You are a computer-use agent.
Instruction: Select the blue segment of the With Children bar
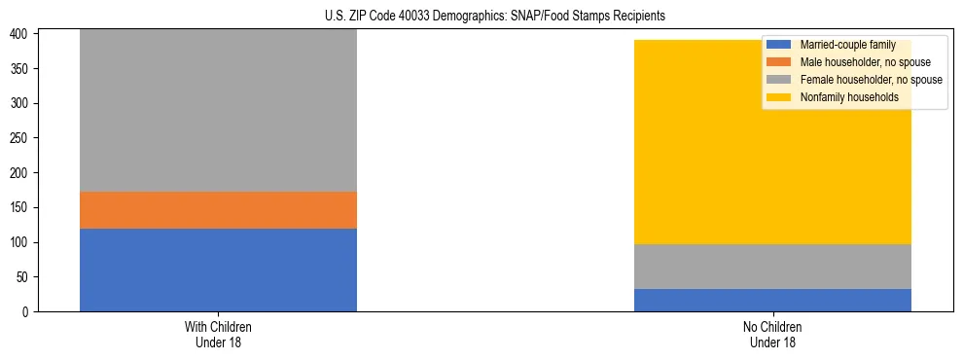pyautogui.click(x=218, y=270)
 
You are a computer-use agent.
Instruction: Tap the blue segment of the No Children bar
pyautogui.click(x=772, y=300)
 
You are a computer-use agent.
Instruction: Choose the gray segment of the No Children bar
pyautogui.click(x=772, y=267)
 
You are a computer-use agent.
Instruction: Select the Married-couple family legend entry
pyautogui.click(x=847, y=45)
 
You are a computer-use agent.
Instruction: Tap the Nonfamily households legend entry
pyautogui.click(x=849, y=97)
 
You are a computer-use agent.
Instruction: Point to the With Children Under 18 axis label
pyautogui.click(x=218, y=334)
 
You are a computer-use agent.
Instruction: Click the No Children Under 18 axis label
pyautogui.click(x=772, y=334)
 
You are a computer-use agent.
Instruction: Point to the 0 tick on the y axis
pyautogui.click(x=27, y=311)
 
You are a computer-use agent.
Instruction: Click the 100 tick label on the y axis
pyautogui.click(x=21, y=242)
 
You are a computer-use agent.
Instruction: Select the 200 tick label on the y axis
pyautogui.click(x=21, y=173)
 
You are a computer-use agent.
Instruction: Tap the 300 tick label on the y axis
pyautogui.click(x=21, y=104)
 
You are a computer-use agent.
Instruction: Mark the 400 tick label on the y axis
pyautogui.click(x=21, y=34)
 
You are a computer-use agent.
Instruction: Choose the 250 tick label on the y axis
pyautogui.click(x=21, y=138)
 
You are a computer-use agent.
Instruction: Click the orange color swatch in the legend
pyautogui.click(x=779, y=62)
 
